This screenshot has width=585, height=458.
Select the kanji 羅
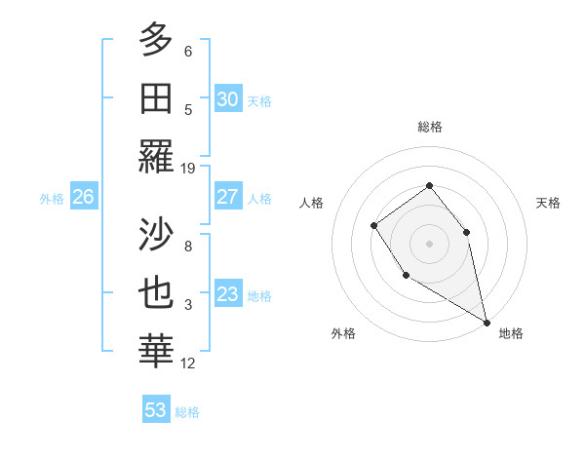156,156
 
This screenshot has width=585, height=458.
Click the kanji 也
156,294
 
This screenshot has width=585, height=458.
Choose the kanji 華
156,352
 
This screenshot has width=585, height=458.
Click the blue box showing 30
227,98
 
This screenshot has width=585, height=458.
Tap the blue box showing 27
227,197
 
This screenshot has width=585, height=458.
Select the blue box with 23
227,294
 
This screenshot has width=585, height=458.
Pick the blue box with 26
83,197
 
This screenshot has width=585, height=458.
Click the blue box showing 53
156,409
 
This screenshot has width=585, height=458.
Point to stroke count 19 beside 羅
188,169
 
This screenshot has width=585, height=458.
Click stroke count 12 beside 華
188,363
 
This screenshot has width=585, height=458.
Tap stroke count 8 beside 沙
188,247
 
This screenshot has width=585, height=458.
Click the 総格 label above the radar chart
429,127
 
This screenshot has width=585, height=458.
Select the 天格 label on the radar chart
548,203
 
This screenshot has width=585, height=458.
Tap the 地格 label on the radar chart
511,333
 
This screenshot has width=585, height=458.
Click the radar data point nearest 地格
487,322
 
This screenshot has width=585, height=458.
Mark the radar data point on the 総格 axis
429,185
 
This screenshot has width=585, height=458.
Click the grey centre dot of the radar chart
429,243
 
